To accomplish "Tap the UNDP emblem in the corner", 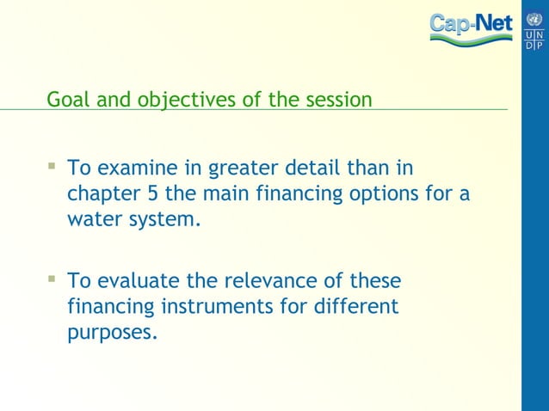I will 534,30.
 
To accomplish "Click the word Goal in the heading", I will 65,100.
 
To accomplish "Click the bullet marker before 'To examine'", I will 52,163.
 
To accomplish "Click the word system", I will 163,219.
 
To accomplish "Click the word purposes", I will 112,334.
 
